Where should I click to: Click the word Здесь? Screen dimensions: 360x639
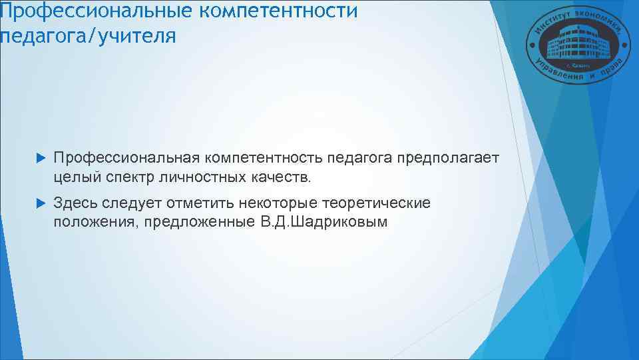[75, 202]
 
